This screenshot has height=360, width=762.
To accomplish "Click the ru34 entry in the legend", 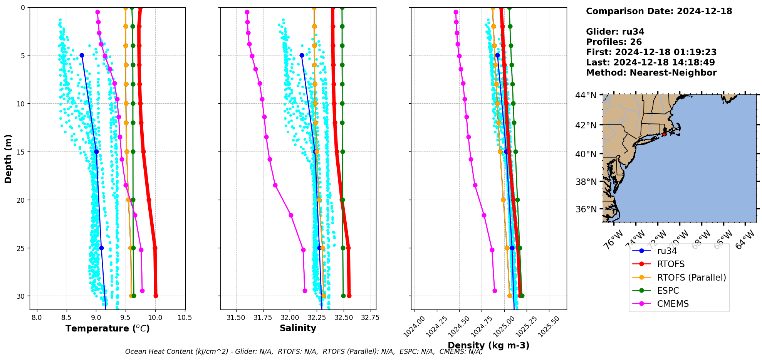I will (667, 251).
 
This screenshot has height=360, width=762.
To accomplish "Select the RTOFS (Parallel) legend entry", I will (691, 278).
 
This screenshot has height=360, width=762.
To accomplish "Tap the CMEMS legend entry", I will (673, 304).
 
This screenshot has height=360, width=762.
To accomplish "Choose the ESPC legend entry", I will (668, 291).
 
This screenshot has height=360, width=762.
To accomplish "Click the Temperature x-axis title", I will (107, 328).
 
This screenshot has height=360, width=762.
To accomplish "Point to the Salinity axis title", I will (298, 328).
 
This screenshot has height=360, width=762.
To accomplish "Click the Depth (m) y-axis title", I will (8, 159).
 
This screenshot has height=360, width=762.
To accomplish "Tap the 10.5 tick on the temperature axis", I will (185, 318).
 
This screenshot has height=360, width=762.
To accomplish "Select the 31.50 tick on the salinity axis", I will (236, 318).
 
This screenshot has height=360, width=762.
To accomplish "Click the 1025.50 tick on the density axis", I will (549, 326).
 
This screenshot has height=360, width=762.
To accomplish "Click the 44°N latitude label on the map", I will (586, 95).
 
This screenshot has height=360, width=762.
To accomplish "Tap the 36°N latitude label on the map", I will (586, 209).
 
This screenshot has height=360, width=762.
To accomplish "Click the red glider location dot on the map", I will (664, 134).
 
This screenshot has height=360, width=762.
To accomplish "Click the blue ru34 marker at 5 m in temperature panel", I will (82, 56).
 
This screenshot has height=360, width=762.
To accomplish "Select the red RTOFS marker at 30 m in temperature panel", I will (156, 296).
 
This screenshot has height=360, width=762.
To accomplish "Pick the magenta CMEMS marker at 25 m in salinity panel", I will (303, 250).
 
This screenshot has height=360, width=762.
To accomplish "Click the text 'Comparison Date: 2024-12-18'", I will (659, 11).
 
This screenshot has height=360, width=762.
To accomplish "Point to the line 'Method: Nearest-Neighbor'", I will (651, 73).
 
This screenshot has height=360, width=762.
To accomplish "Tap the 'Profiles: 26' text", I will (614, 42).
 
